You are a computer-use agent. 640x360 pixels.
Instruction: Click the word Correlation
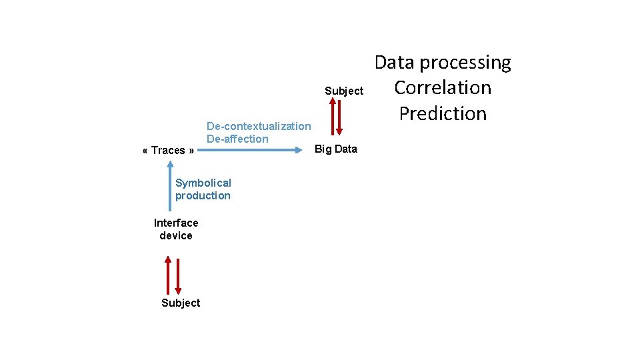[443, 87]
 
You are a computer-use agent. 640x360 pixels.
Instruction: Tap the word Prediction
[443, 113]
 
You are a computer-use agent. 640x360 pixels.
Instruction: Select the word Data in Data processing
[395, 62]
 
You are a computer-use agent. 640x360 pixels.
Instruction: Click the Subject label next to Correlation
[344, 91]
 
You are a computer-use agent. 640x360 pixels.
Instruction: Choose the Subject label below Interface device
[181, 303]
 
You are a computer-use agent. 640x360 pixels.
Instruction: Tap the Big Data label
[336, 149]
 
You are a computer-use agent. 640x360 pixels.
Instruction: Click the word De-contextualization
[259, 126]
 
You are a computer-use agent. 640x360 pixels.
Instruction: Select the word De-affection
[237, 139]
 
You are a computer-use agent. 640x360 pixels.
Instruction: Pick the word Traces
[168, 150]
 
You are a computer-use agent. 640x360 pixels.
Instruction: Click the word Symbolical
[203, 183]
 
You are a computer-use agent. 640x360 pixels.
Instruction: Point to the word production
[203, 195]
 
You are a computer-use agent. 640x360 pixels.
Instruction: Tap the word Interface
[176, 223]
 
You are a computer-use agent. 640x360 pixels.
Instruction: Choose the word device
[176, 235]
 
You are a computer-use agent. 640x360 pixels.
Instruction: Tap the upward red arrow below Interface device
[169, 274]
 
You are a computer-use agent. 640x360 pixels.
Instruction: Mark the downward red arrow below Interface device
[178, 274]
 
